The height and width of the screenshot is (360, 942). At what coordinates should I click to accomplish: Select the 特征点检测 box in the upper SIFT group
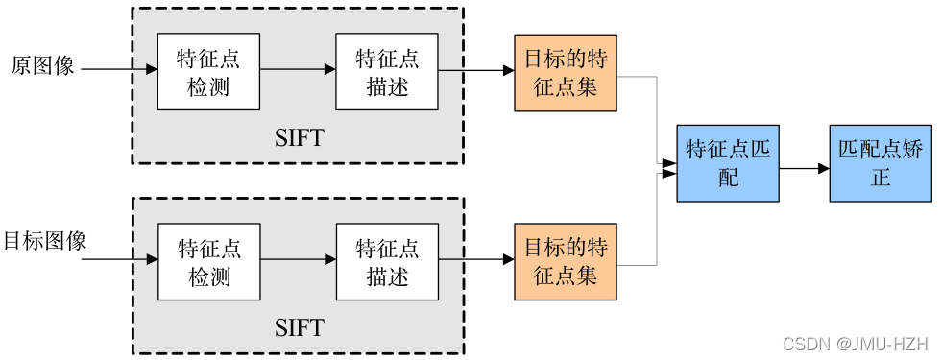click(208, 72)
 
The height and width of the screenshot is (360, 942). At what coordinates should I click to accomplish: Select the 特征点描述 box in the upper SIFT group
click(387, 72)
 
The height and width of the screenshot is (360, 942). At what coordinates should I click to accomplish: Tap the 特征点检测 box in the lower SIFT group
click(208, 262)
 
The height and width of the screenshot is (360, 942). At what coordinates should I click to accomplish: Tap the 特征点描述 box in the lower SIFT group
click(387, 262)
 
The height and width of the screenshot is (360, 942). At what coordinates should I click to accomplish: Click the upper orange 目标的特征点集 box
click(566, 72)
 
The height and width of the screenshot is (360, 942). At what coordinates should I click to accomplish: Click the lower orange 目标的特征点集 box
click(566, 262)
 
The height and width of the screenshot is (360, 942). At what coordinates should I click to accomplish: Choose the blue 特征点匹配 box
click(727, 163)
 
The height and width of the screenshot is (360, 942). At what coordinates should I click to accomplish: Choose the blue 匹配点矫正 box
click(881, 163)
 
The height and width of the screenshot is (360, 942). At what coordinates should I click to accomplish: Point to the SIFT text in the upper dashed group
click(299, 138)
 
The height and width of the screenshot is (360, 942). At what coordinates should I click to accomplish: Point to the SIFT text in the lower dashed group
click(299, 328)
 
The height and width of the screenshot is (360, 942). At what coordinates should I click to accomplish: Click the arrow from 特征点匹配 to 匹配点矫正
click(804, 168)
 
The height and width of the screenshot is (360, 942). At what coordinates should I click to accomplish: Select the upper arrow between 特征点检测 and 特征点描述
click(298, 69)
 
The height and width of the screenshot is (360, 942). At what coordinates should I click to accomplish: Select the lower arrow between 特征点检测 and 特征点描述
click(298, 259)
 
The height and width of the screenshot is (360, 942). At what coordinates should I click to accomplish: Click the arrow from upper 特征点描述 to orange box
click(476, 69)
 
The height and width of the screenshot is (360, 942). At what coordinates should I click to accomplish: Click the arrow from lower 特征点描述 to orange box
click(476, 259)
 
